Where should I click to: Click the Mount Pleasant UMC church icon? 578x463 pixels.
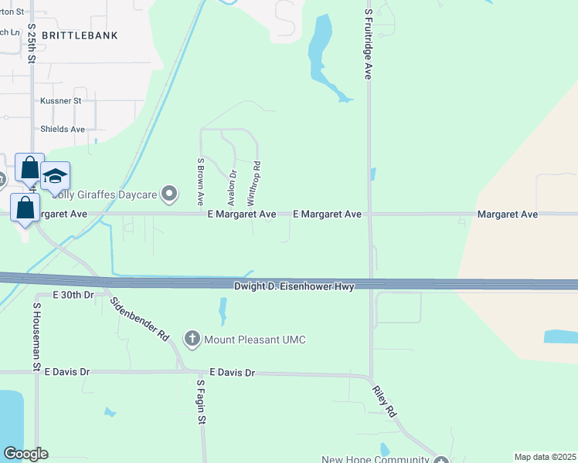pos(192,338)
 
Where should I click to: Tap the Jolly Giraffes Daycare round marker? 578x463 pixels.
pos(169,193)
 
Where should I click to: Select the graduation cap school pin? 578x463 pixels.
pos(55,177)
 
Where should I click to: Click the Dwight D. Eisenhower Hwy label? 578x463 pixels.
pos(294,286)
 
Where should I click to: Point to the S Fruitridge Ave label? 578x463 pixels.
pos(369,40)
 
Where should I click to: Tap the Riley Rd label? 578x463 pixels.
pos(387,402)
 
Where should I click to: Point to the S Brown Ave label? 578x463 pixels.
pos(200,181)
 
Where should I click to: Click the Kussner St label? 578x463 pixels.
pos(61,101)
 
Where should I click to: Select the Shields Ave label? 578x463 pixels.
pos(63,129)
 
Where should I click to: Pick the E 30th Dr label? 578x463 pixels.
pos(73,295)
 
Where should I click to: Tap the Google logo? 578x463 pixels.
pos(25,454)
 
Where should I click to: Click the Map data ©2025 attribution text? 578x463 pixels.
pos(544,457)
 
